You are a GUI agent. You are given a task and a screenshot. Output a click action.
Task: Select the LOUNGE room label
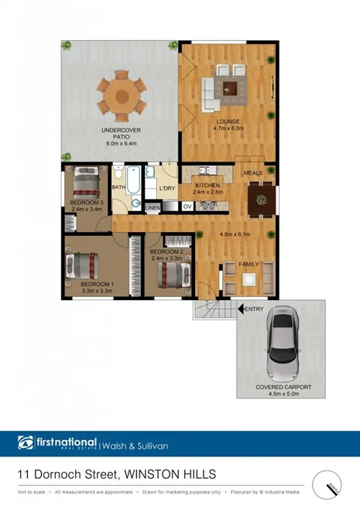[x=228, y=121]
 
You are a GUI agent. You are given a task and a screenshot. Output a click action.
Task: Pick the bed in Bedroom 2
[x=173, y=274]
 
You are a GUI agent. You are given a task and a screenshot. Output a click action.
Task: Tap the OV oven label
[x=187, y=207]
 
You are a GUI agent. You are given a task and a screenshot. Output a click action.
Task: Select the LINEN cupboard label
[x=152, y=207]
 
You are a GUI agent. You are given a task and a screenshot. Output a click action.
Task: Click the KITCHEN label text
[x=207, y=186]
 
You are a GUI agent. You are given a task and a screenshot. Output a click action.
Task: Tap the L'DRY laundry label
[x=167, y=189]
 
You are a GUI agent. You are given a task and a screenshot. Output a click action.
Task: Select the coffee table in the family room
[x=248, y=281]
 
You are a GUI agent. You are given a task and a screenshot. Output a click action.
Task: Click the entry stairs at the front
[x=212, y=309]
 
